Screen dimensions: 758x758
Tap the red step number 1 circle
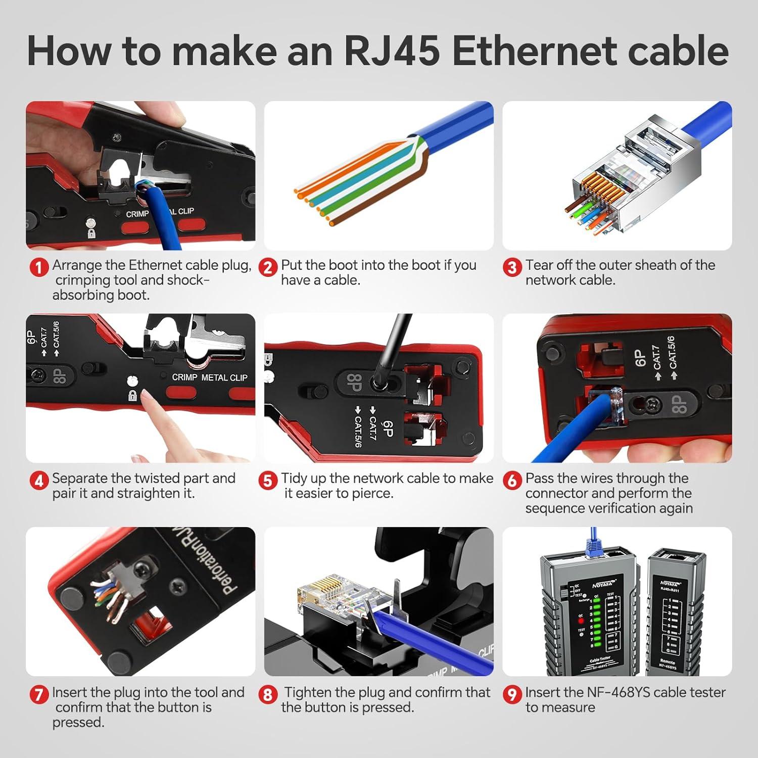click(x=39, y=267)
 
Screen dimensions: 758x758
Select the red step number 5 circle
click(x=268, y=480)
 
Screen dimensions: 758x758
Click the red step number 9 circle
click(x=512, y=694)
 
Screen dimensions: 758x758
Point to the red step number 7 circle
click(x=39, y=694)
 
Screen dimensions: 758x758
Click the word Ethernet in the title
click(x=537, y=51)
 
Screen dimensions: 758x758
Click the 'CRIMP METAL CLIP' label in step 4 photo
click(x=209, y=377)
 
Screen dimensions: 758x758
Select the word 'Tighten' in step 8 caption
click(x=308, y=692)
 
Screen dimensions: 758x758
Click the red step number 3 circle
click(x=512, y=267)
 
